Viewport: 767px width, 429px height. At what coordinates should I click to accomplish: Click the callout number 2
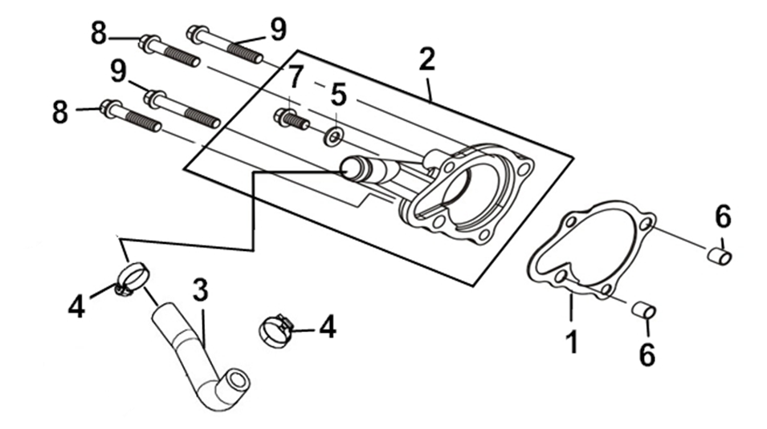coord(426,59)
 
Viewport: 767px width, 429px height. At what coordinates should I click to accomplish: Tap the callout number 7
coord(295,78)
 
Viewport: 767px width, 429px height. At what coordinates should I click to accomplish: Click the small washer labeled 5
coord(333,136)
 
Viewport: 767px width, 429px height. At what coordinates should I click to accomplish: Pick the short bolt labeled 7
coord(291,120)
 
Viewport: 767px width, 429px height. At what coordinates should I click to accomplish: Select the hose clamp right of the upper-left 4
coord(132,278)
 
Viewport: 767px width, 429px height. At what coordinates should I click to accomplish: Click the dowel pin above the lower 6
coord(645,310)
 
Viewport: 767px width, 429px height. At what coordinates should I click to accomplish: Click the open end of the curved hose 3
coord(239,380)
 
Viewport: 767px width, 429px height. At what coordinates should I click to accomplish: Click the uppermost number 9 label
coord(278,30)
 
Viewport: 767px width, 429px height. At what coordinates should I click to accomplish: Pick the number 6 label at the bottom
coord(647,354)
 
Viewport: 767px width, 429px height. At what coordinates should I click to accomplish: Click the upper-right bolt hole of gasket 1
coord(647,224)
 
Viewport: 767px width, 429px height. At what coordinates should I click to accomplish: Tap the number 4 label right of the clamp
coord(328,326)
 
